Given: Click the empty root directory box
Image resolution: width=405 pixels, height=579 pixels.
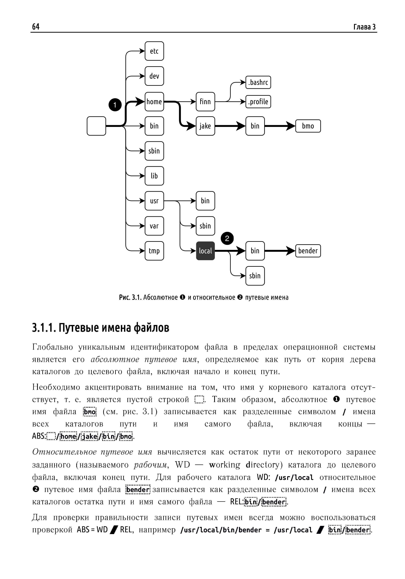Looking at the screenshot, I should point(96,126).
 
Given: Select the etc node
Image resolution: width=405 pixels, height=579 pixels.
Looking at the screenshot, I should point(154,51).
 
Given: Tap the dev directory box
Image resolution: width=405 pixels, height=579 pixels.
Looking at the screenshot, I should point(154,76).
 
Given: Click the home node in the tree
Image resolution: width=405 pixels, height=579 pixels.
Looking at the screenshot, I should point(154,102).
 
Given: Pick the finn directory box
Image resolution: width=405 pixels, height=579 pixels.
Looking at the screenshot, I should point(205,102).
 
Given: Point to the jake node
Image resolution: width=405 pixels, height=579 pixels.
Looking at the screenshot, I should point(205,126).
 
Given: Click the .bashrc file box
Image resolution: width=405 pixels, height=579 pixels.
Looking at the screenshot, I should point(258,82).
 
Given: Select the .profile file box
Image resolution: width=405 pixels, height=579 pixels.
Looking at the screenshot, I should point(258,102).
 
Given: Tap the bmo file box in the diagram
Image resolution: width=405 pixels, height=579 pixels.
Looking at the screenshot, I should point(308,126).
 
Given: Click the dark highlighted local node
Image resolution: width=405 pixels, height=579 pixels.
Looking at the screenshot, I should point(205,251).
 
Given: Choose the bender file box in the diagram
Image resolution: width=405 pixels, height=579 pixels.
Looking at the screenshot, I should point(308,251).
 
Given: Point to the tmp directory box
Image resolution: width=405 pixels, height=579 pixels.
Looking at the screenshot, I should point(154,251).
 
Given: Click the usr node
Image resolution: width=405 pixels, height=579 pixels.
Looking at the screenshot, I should point(154,201).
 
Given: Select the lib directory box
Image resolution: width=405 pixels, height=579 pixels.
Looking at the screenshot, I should point(154,176).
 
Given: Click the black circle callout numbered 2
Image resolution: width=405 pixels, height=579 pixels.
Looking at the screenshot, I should point(227,238).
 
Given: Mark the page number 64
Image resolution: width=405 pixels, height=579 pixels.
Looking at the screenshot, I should point(36,26).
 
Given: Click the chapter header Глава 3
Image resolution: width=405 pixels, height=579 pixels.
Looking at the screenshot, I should point(364,27).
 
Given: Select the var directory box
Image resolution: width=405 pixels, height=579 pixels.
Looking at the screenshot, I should point(154,226).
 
